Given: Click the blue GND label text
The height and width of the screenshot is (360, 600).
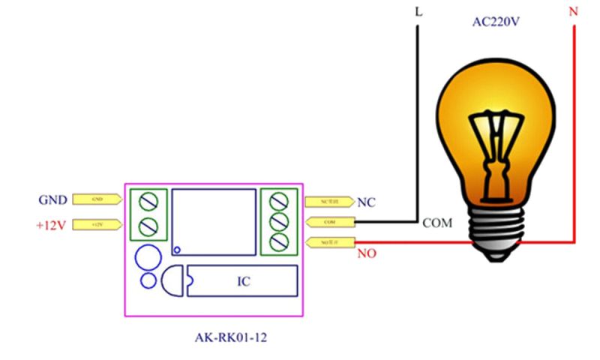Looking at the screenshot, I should [x=52, y=200].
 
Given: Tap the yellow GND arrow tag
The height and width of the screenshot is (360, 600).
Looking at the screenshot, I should [x=97, y=199].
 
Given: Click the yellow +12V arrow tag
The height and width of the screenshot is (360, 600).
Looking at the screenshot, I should [x=97, y=224].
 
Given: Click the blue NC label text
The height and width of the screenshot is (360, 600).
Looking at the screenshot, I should [x=367, y=202].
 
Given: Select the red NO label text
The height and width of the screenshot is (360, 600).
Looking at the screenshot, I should [x=367, y=253].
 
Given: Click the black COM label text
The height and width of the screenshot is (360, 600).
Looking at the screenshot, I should [x=438, y=223].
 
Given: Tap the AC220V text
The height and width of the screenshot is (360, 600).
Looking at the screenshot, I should [x=496, y=22].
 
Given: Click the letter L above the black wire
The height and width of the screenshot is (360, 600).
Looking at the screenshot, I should [x=418, y=13].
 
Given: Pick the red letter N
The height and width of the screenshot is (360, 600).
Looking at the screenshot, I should [x=574, y=13].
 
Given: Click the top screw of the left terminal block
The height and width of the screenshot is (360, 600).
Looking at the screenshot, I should [x=148, y=200].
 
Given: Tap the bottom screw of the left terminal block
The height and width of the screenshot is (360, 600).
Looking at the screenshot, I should [x=148, y=225].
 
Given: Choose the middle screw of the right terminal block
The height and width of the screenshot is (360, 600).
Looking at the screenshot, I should [x=279, y=221].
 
